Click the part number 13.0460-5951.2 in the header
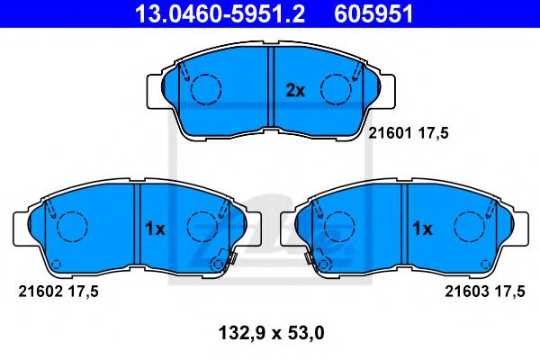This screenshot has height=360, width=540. point(220,14)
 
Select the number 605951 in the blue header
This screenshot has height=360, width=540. point(373,14)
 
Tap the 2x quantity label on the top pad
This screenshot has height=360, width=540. point(295,91)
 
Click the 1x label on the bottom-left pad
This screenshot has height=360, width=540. point(155,229)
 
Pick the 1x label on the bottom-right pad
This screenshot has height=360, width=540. point(422,229)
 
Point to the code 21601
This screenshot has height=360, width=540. point(391,133)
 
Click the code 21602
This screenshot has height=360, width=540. point(40,292)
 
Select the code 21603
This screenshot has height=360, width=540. point(467,292)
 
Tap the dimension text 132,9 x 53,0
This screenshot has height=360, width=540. point(272,334)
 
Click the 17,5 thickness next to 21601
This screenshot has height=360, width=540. point(433,133)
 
